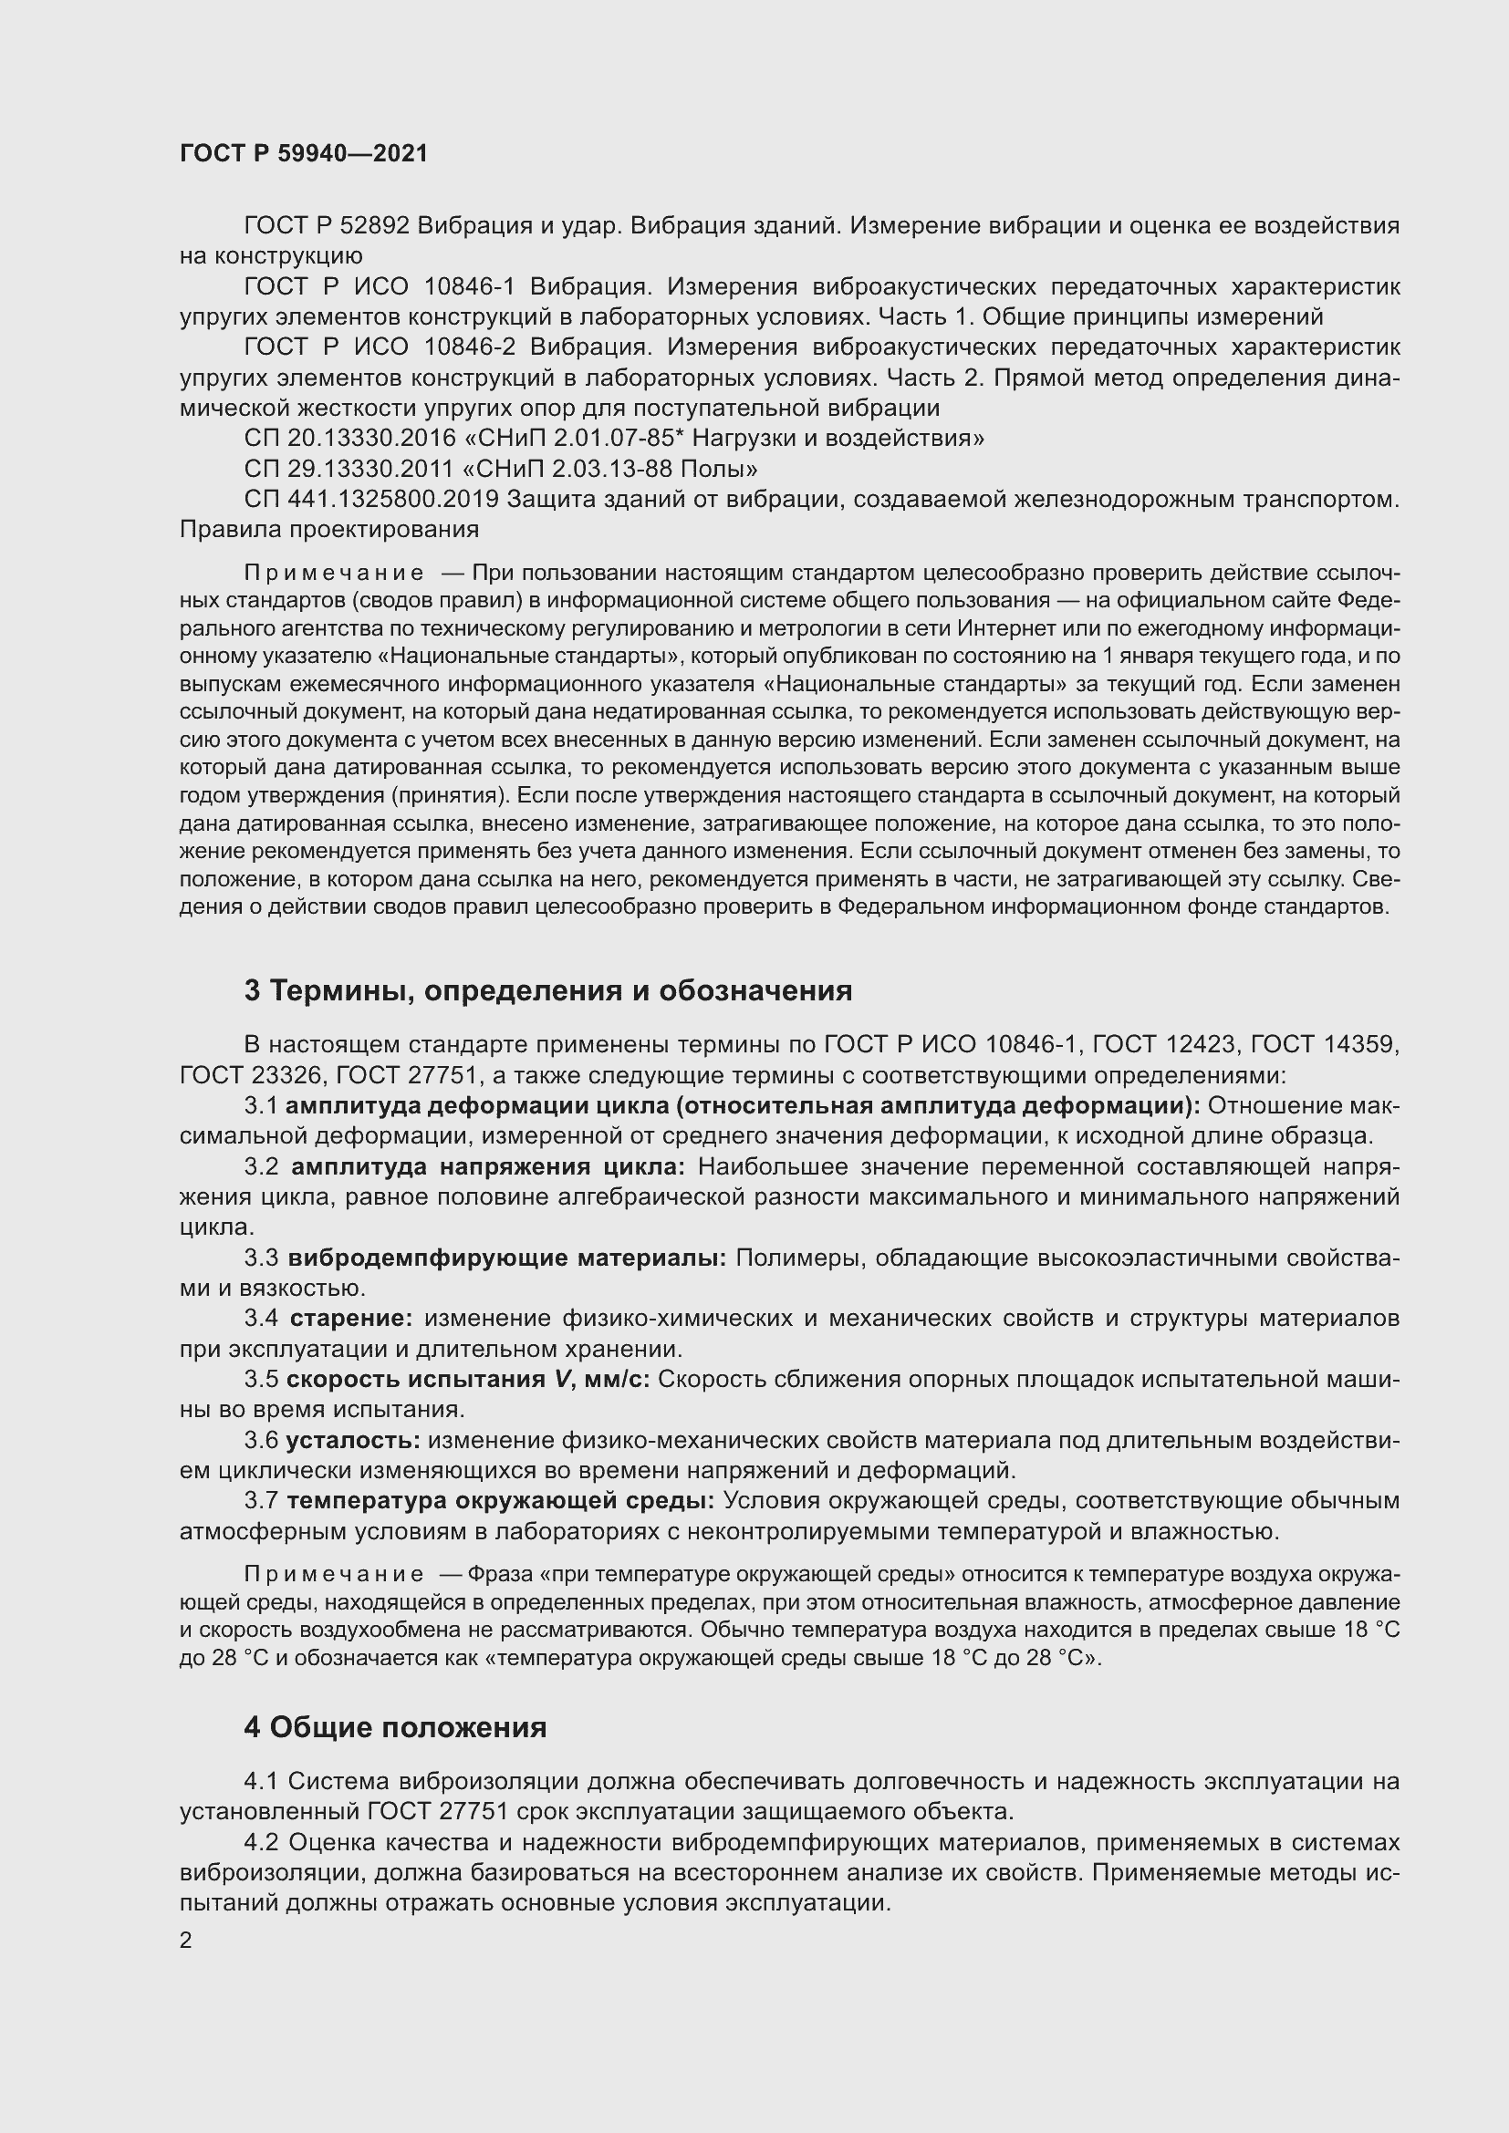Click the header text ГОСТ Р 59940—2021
coord(304,153)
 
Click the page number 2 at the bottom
coord(186,1941)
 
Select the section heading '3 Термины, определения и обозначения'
coord(548,991)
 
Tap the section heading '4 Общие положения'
coord(395,1728)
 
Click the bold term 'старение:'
coord(351,1320)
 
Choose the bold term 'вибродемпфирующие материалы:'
coord(507,1258)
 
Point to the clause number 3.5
coord(261,1380)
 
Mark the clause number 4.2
coord(261,1842)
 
